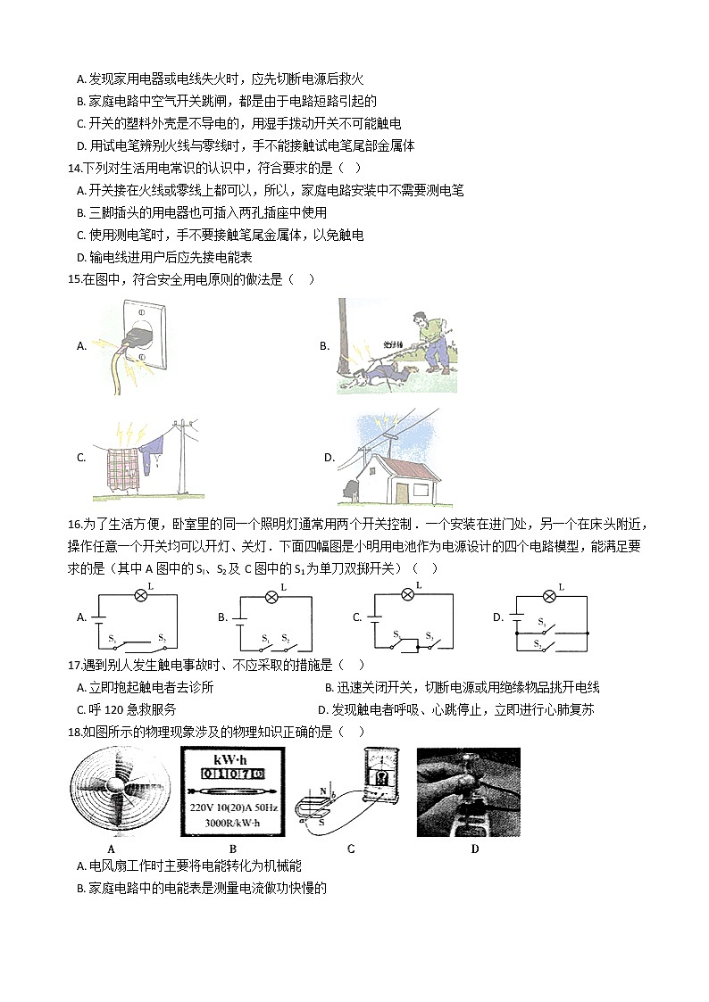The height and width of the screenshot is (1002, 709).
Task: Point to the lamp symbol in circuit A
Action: click(x=138, y=595)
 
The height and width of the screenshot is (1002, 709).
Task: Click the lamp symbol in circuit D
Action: click(x=550, y=595)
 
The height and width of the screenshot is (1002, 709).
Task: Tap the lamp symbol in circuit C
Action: click(x=409, y=594)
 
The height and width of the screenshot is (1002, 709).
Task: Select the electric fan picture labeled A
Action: click(x=112, y=792)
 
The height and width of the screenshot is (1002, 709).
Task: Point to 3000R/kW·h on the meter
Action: click(x=230, y=822)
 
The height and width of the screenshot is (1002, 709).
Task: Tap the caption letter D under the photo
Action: click(x=474, y=849)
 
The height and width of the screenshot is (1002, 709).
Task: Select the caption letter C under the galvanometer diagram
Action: click(x=350, y=849)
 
